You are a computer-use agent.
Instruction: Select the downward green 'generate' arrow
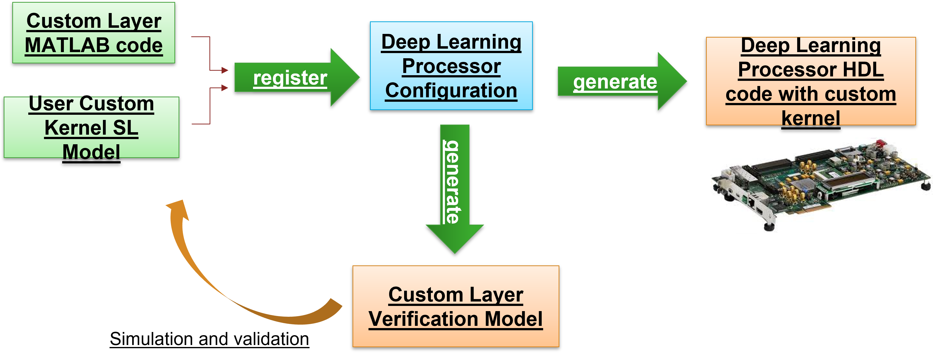tap(455, 188)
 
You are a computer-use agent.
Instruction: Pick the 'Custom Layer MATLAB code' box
tap(94, 33)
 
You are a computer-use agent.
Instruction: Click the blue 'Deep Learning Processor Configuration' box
tap(451, 66)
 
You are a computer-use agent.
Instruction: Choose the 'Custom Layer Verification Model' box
tap(456, 306)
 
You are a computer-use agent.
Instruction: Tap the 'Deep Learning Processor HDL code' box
tap(811, 81)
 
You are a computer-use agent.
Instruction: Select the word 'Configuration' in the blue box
tap(451, 91)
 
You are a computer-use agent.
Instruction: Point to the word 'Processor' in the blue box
tap(452, 66)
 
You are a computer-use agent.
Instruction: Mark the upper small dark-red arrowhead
tap(225, 70)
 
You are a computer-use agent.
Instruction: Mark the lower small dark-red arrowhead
tap(225, 88)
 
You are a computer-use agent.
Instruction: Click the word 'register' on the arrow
tap(290, 78)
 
